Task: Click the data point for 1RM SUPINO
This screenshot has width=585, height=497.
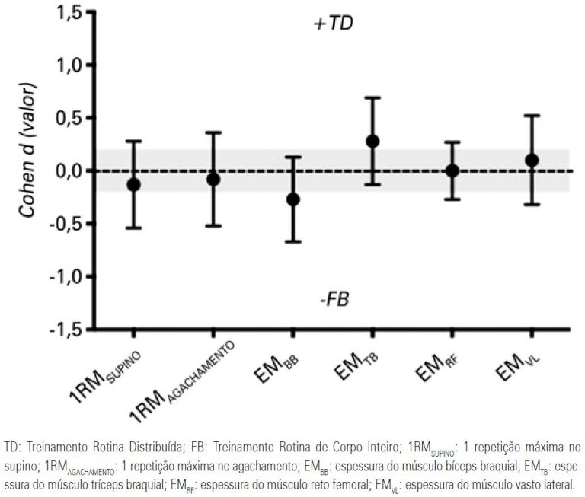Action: (133, 184)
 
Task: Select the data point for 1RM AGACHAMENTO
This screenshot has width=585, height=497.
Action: (213, 179)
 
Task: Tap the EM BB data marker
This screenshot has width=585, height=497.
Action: (292, 199)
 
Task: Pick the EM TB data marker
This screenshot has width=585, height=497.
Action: (372, 141)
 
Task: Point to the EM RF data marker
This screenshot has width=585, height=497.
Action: (452, 170)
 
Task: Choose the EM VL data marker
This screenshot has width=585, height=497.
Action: (532, 160)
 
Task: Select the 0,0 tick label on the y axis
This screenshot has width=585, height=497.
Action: (66, 170)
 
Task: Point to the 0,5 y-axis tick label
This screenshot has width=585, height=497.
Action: (66, 118)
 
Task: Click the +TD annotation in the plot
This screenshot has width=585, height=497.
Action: (333, 24)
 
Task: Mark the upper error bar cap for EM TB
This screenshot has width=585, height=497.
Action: (372, 97)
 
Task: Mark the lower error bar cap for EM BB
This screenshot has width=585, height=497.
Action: (292, 241)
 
